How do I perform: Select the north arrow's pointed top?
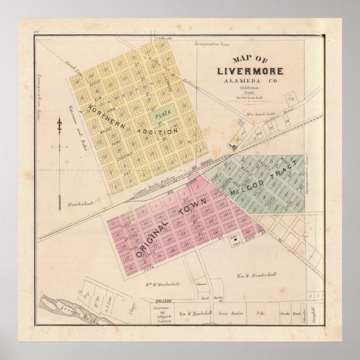[x=60, y=120]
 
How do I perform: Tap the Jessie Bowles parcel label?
[x=229, y=312]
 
